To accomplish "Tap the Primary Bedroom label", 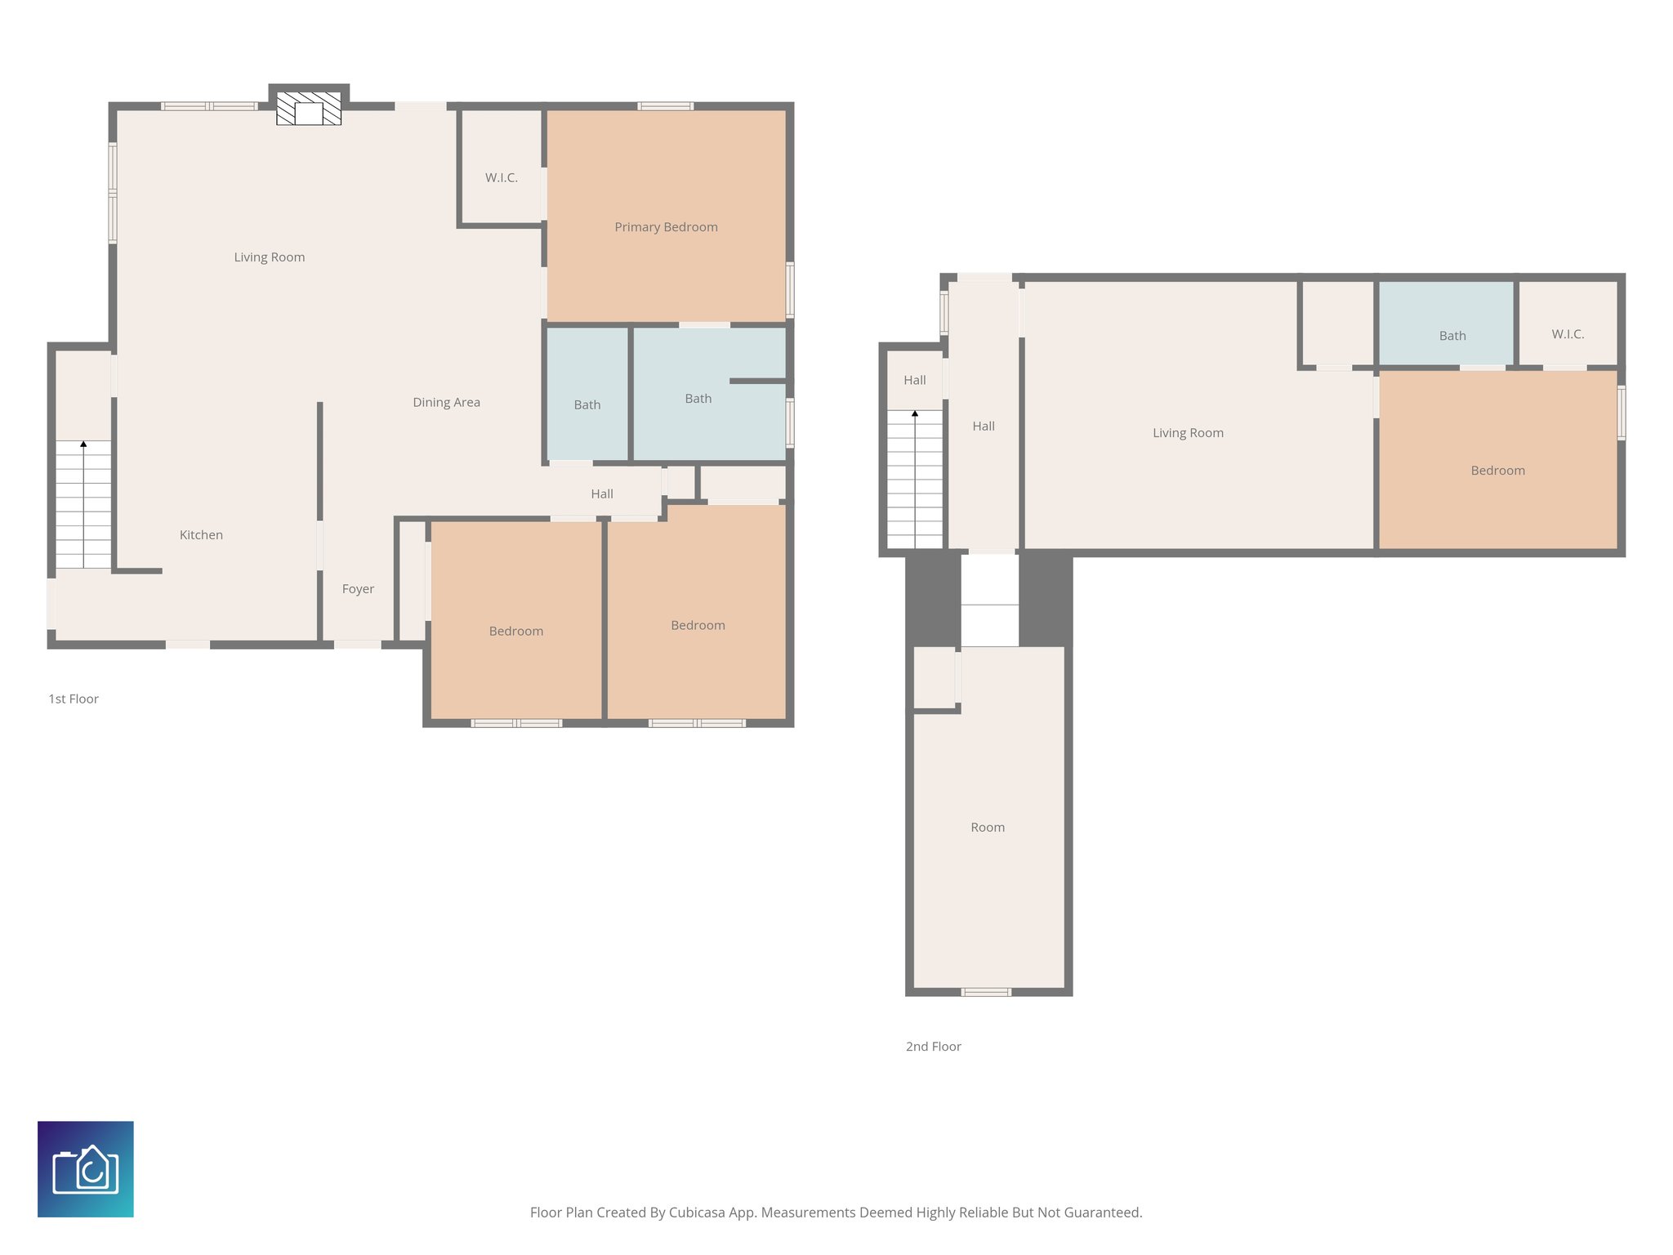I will click(x=666, y=227).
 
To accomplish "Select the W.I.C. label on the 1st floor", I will click(x=501, y=178).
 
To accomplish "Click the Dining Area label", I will click(x=446, y=402).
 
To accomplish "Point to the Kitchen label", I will click(x=201, y=535).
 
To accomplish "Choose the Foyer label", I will click(x=358, y=589).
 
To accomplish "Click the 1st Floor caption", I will click(x=74, y=699).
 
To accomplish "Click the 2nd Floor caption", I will click(x=933, y=1047).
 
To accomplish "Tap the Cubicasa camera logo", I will click(x=86, y=1168).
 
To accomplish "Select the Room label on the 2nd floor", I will click(x=987, y=828).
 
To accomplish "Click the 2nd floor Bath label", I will click(x=1452, y=336).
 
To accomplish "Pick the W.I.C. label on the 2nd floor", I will click(x=1567, y=334).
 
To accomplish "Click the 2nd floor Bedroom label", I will click(x=1497, y=471).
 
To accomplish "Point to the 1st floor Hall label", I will click(x=601, y=494).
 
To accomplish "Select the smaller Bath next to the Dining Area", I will click(x=587, y=405).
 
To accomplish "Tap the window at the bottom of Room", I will click(x=985, y=992).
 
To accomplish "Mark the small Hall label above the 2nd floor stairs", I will click(x=914, y=380).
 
